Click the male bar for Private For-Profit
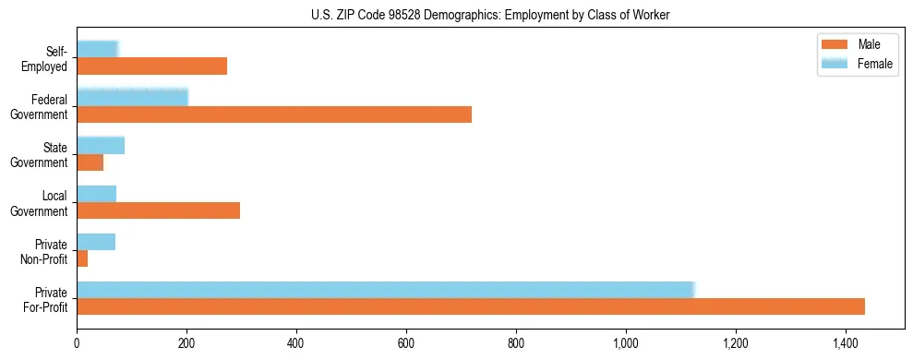click(x=471, y=306)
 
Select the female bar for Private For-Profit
click(x=385, y=290)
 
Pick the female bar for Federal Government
click(x=132, y=97)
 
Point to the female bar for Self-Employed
click(x=97, y=49)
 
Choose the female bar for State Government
click(x=101, y=145)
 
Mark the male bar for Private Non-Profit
click(x=82, y=258)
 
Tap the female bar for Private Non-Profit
click(x=96, y=242)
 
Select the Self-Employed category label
click(x=46, y=58)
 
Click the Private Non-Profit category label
click(x=47, y=251)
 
